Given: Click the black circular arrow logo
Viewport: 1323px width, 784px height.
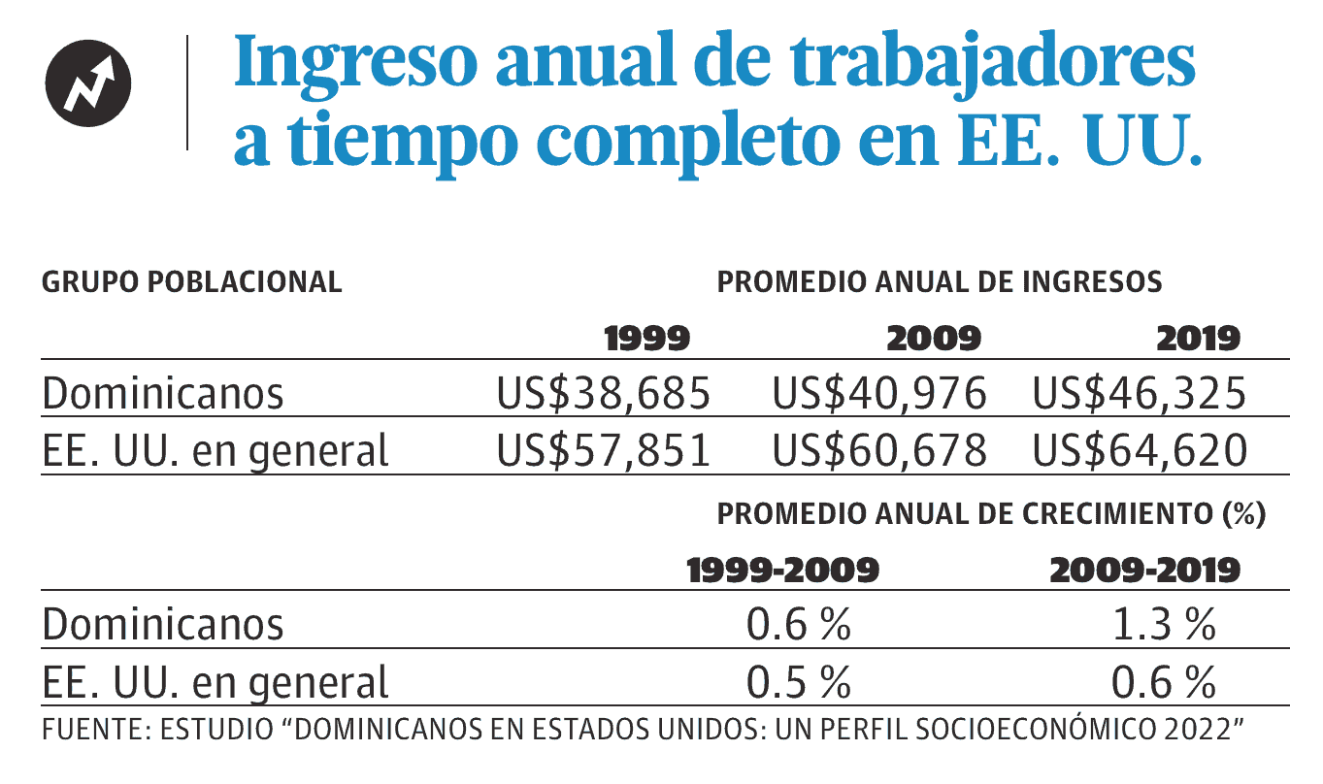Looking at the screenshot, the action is point(88,83).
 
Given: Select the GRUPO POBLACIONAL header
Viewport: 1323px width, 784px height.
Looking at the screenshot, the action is point(192,281).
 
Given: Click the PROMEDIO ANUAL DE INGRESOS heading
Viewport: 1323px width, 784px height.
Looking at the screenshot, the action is point(939,281).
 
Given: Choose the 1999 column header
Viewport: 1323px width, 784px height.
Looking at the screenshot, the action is point(647,339).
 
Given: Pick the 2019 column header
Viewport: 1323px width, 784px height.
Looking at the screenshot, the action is point(1199,339).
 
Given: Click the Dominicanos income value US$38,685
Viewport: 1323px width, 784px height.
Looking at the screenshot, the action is point(603,393).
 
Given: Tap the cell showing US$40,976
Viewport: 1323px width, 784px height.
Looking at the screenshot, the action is point(879,393).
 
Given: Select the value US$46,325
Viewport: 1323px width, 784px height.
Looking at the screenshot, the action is point(1140,393).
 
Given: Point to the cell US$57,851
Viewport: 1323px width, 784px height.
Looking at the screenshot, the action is point(603,450).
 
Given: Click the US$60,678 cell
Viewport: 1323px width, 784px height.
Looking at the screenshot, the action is point(879,450).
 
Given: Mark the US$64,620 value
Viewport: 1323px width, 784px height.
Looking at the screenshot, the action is point(1140,450).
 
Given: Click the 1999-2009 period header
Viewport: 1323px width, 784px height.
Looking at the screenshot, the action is point(783,571).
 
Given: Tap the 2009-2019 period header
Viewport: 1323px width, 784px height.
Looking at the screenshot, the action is point(1144,571).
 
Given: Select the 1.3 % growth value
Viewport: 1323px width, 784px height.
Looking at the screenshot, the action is point(1164,624).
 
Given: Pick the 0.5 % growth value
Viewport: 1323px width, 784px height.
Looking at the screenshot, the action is point(799,682).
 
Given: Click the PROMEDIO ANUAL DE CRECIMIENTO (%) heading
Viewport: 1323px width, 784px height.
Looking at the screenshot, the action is point(991,514).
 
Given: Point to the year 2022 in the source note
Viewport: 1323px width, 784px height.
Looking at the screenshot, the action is point(1196,729).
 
